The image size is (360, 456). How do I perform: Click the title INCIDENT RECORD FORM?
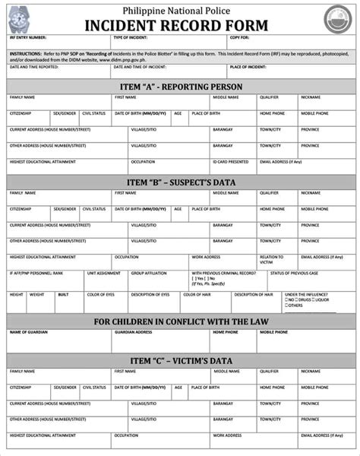[181, 25]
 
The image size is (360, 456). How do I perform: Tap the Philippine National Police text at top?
[181, 8]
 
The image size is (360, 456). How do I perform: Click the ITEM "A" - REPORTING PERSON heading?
[181, 87]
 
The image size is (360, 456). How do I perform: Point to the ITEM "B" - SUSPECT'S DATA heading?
[181, 182]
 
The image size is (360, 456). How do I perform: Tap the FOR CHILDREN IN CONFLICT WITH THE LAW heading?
[181, 321]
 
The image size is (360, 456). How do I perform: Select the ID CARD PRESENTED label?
[230, 162]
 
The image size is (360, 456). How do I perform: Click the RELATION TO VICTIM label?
[271, 259]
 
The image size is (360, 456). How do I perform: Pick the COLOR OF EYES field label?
[101, 294]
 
